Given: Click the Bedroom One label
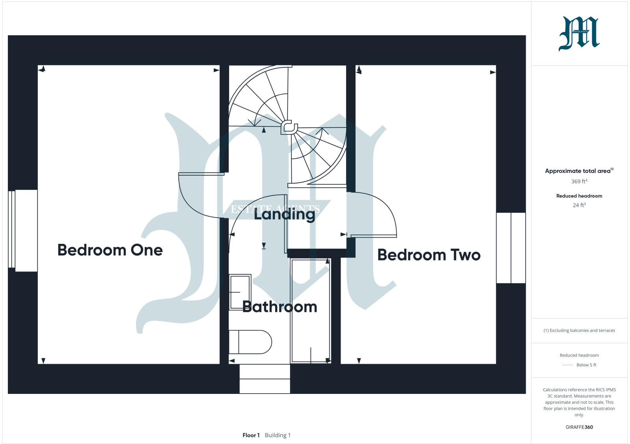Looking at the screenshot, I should pyautogui.click(x=110, y=250).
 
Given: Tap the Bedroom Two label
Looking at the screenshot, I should pyautogui.click(x=429, y=255).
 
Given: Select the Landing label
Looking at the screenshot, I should pyautogui.click(x=284, y=214).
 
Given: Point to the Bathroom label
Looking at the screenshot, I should pyautogui.click(x=280, y=307).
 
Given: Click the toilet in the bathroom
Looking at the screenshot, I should pyautogui.click(x=250, y=342).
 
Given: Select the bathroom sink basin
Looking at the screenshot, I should pyautogui.click(x=240, y=292).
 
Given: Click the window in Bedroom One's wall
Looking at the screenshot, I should pyautogui.click(x=23, y=230).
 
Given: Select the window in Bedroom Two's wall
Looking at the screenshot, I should pyautogui.click(x=511, y=248).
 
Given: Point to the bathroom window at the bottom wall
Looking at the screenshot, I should pyautogui.click(x=265, y=379).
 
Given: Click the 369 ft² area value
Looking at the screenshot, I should pyautogui.click(x=579, y=182).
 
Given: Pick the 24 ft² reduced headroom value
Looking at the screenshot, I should pyautogui.click(x=579, y=205).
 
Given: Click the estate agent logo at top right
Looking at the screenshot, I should pyautogui.click(x=579, y=33).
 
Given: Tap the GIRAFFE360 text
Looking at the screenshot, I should pyautogui.click(x=579, y=427).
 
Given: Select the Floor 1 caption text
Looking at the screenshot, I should pyautogui.click(x=251, y=435).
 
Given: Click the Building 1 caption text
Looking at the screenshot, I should pyautogui.click(x=278, y=435).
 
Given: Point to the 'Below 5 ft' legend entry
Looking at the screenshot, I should pyautogui.click(x=586, y=365).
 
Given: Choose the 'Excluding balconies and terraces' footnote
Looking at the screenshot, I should pyautogui.click(x=579, y=331).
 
